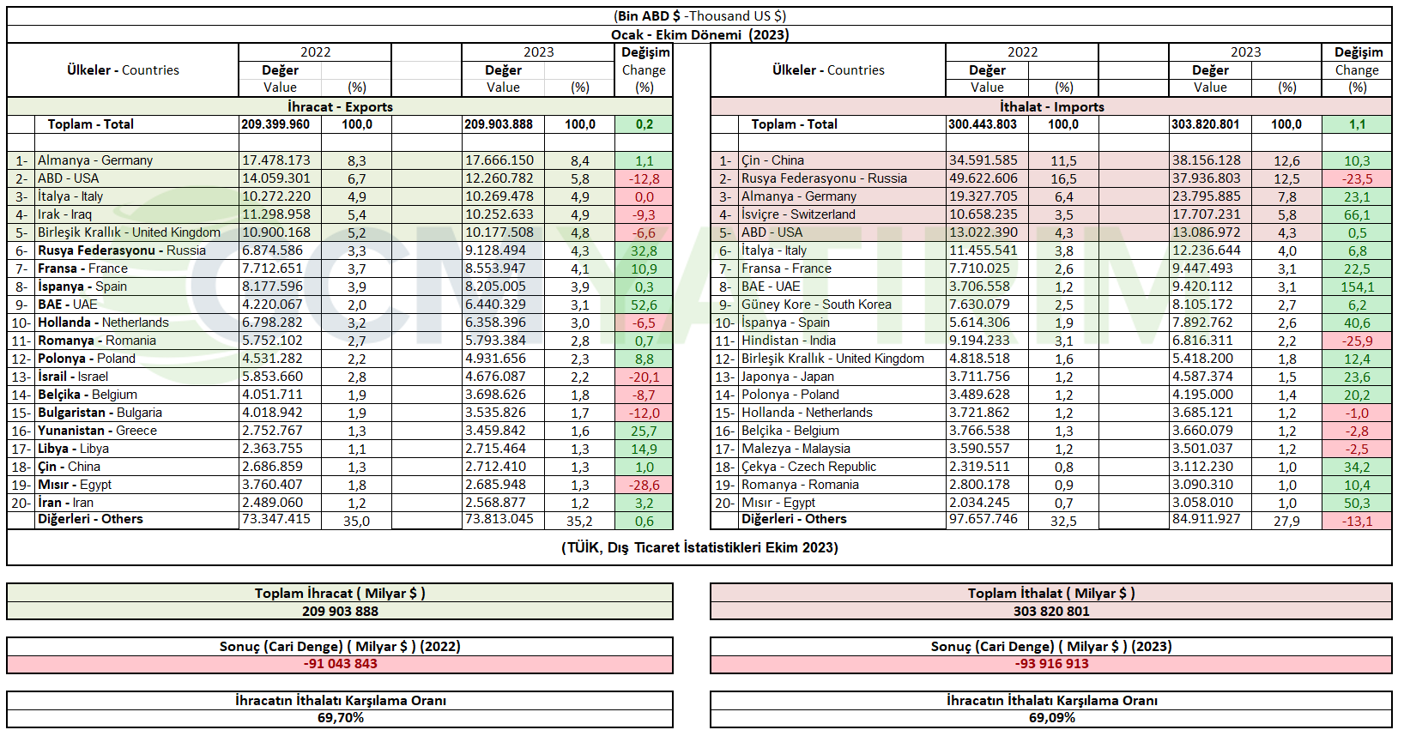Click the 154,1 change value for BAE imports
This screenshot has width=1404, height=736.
(1357, 287)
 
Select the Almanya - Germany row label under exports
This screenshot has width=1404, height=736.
(94, 160)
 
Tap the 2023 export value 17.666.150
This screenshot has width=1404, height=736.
(499, 160)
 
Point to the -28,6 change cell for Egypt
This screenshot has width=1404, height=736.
(644, 485)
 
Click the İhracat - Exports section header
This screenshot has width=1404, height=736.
(341, 106)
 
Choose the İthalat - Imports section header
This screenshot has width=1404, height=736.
(1052, 106)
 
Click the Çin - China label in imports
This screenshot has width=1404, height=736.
(773, 160)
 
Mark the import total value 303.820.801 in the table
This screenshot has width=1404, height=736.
(1205, 124)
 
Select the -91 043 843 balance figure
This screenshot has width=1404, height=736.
(341, 664)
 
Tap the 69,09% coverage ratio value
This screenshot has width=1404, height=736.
(1052, 718)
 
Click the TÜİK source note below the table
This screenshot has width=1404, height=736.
(699, 547)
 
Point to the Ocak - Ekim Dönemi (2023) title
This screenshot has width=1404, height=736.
(699, 34)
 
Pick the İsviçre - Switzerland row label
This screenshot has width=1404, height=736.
(798, 214)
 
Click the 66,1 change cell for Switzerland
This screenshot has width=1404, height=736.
(1357, 214)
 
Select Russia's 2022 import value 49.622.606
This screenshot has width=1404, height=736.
(983, 178)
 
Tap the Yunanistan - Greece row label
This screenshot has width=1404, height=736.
(97, 431)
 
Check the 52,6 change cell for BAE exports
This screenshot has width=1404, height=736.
(644, 305)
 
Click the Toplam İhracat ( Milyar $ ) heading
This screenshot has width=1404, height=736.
(341, 594)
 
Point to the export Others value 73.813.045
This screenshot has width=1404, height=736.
(499, 519)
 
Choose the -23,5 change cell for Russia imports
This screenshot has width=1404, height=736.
(1357, 179)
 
